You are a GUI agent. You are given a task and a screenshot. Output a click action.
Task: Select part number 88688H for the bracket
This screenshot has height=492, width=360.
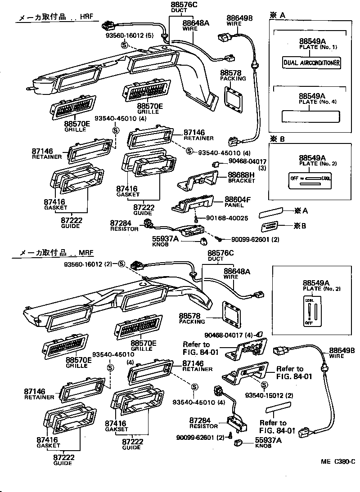point(241,175)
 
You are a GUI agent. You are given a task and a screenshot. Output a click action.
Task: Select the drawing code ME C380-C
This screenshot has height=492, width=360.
point(338,461)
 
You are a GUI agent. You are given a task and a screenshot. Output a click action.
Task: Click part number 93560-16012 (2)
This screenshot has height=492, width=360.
point(89,264)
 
